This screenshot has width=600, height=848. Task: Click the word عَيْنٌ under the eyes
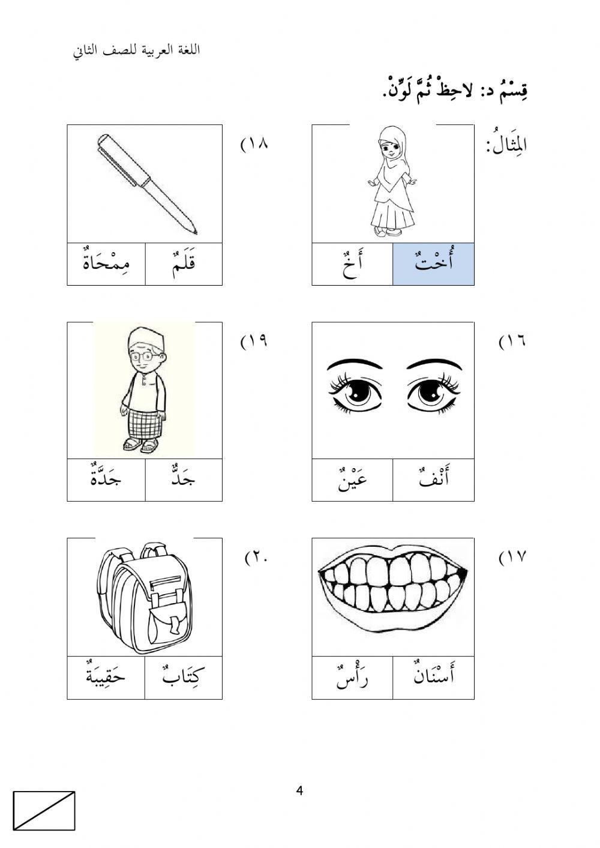pyautogui.click(x=352, y=480)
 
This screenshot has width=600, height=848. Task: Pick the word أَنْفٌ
pyautogui.click(x=433, y=480)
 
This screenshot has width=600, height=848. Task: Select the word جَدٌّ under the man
pyautogui.click(x=184, y=480)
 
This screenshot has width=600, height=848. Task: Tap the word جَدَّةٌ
pyautogui.click(x=106, y=480)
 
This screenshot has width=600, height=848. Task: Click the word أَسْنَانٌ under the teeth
pyautogui.click(x=433, y=678)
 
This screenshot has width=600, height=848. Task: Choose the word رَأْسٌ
pyautogui.click(x=352, y=678)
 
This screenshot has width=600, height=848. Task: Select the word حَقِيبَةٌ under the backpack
pyautogui.click(x=106, y=678)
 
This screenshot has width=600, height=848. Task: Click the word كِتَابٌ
pyautogui.click(x=184, y=678)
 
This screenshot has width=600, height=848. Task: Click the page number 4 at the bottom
pyautogui.click(x=299, y=791)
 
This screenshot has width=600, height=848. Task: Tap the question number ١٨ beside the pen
pyautogui.click(x=254, y=145)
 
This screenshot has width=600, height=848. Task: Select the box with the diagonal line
pyautogui.click(x=44, y=811)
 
